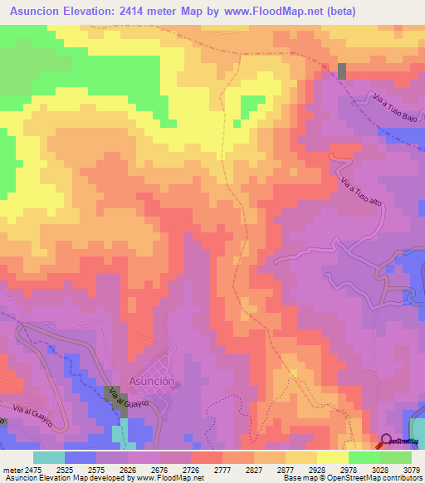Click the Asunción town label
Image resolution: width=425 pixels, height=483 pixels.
coord(152,382)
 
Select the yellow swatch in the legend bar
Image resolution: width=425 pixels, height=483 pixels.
coord(333,456)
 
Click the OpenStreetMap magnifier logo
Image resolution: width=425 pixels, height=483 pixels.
coord(388,441)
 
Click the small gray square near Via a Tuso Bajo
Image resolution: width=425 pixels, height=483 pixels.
coord(342,71)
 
